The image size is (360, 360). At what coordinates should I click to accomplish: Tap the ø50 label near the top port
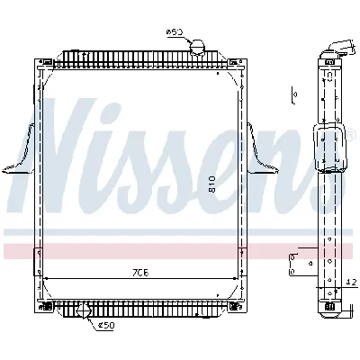coord(175,33)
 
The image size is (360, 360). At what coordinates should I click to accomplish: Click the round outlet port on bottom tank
coord(85,312)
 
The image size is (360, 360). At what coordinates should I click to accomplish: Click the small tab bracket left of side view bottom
coord(292,262)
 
